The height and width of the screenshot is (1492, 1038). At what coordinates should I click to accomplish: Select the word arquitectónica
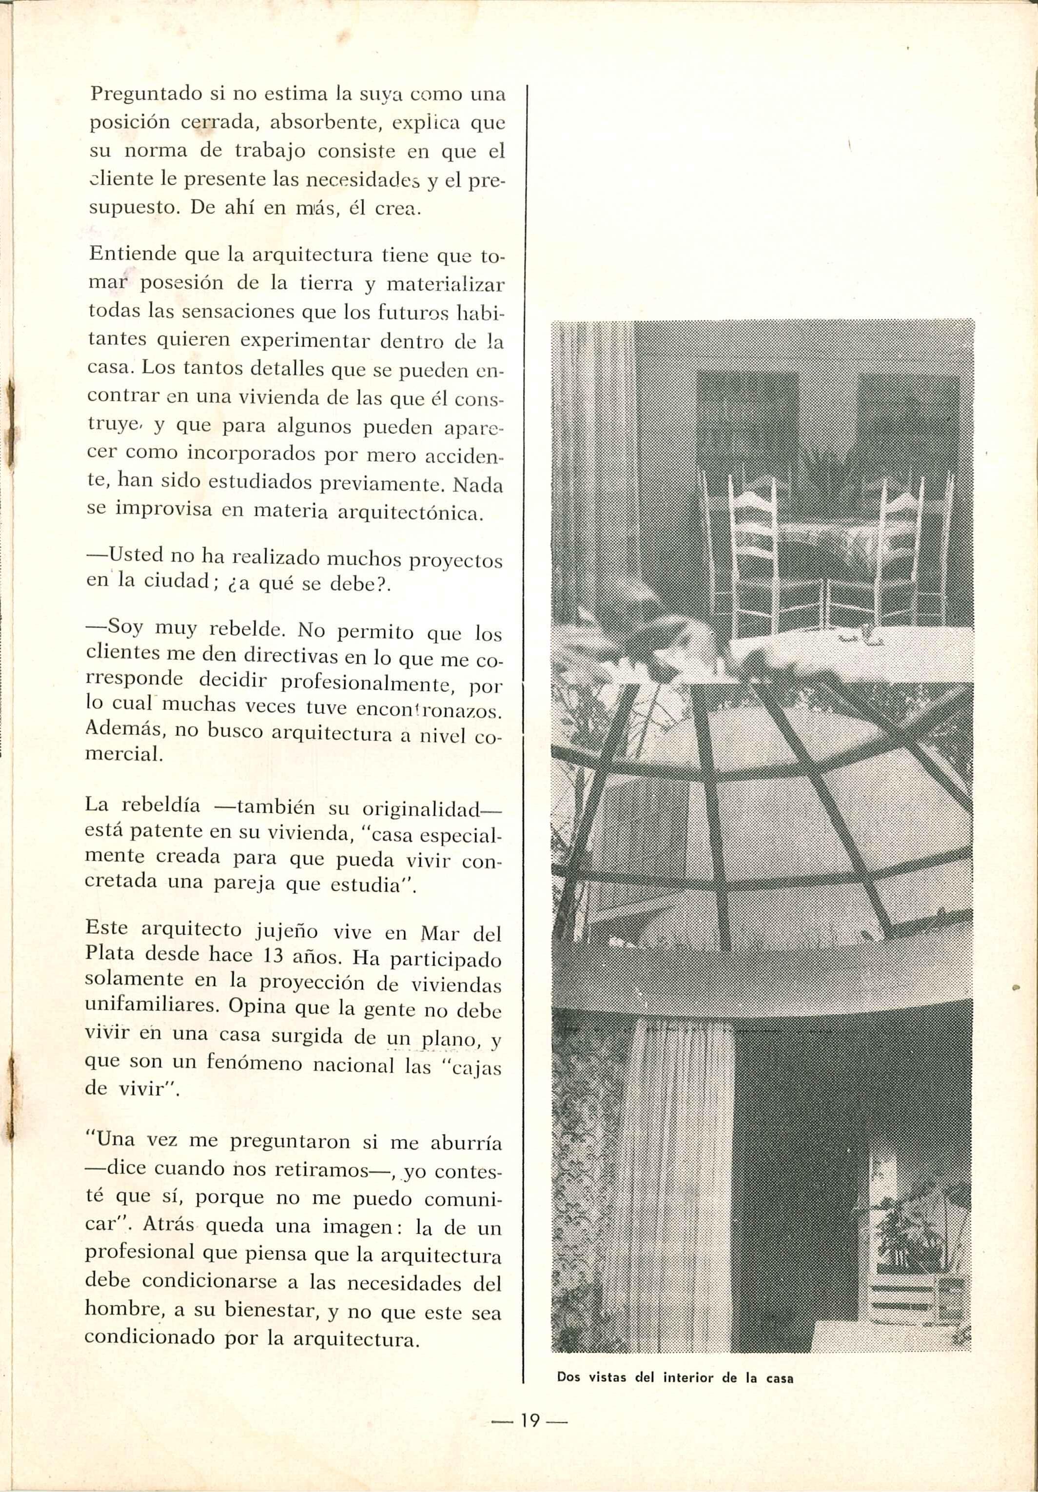click(411, 512)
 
